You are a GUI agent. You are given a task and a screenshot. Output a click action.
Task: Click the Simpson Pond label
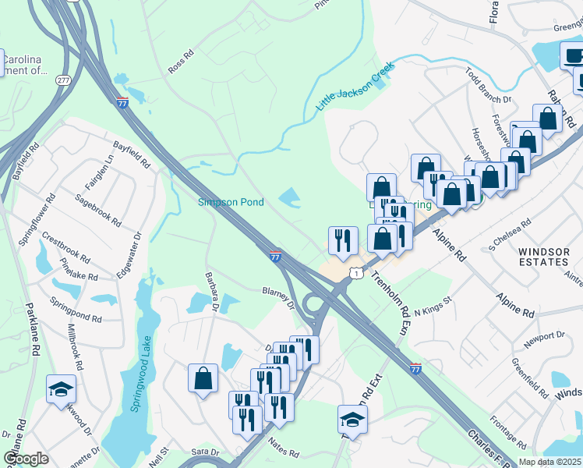coord(230,202)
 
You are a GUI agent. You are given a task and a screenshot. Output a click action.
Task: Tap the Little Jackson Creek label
coord(355,86)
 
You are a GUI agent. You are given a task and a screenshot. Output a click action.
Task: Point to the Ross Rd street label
coord(180,63)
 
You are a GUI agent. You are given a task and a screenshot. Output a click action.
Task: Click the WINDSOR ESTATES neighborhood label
coord(543,257)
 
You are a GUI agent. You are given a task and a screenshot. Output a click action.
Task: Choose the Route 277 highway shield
coord(62,80)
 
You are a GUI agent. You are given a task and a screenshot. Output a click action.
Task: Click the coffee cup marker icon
coord(573,57)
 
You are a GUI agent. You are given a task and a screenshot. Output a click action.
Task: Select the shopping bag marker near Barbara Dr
coord(203,379)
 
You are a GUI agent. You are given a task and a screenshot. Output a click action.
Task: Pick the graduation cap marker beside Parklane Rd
coord(61,389)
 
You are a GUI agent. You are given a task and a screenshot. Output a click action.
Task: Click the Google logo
coord(26,458)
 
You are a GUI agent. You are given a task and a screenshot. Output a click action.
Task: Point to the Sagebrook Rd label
coord(97,211)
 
